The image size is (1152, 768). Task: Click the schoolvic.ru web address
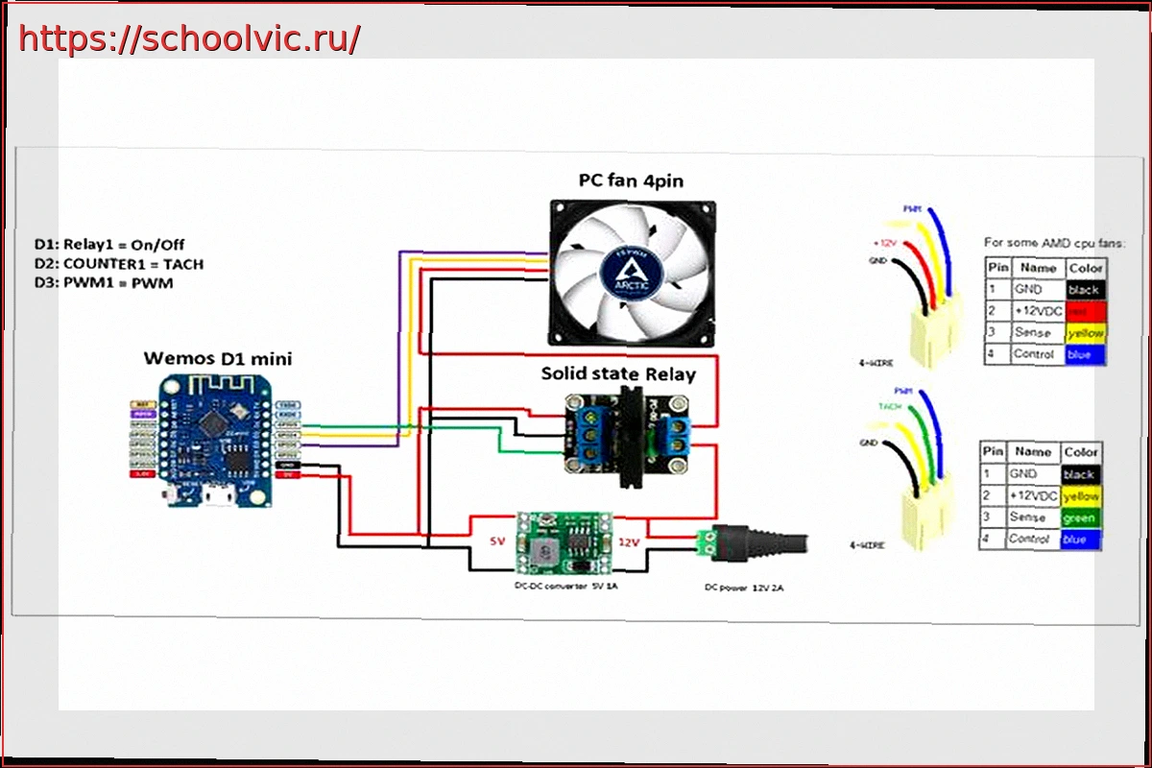(x=189, y=38)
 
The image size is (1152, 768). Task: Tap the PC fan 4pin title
(x=631, y=180)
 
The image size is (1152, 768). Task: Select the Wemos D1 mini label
(x=218, y=359)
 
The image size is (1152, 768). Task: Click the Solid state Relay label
(x=618, y=373)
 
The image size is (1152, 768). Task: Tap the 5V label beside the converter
(x=496, y=541)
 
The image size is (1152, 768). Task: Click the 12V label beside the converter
(x=629, y=541)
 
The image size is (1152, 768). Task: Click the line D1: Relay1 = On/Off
(x=109, y=244)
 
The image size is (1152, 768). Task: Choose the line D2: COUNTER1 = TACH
(x=119, y=264)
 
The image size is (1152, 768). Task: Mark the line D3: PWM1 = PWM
(x=104, y=284)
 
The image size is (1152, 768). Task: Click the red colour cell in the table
(x=1084, y=311)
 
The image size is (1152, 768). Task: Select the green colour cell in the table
(x=1080, y=517)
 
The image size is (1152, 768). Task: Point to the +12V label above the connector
(x=886, y=243)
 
